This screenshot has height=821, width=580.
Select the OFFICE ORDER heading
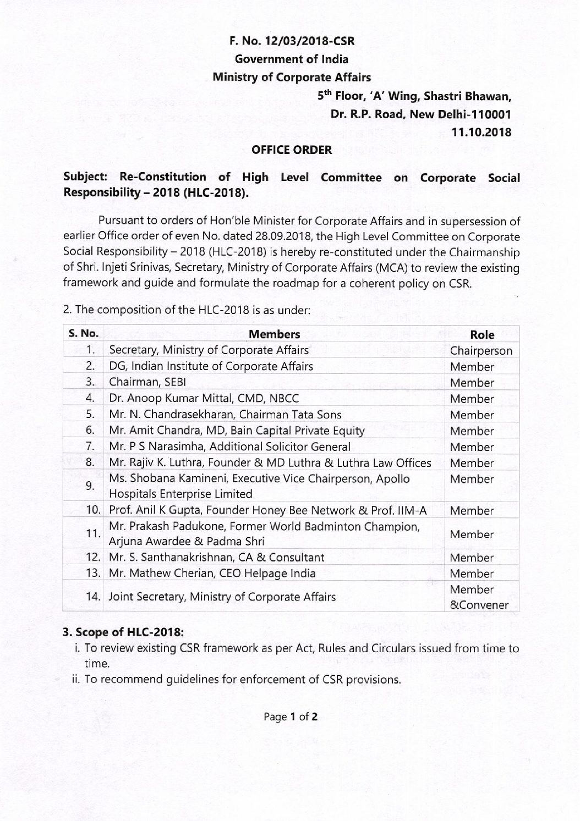pos(292,150)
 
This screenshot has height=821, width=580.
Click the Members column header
pos(274,334)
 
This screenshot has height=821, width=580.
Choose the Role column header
pos(481,334)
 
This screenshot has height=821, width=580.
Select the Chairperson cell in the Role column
pos(481,351)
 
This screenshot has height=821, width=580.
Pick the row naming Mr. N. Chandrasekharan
pos(225,415)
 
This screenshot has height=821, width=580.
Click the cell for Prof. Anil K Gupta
pos(268,510)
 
